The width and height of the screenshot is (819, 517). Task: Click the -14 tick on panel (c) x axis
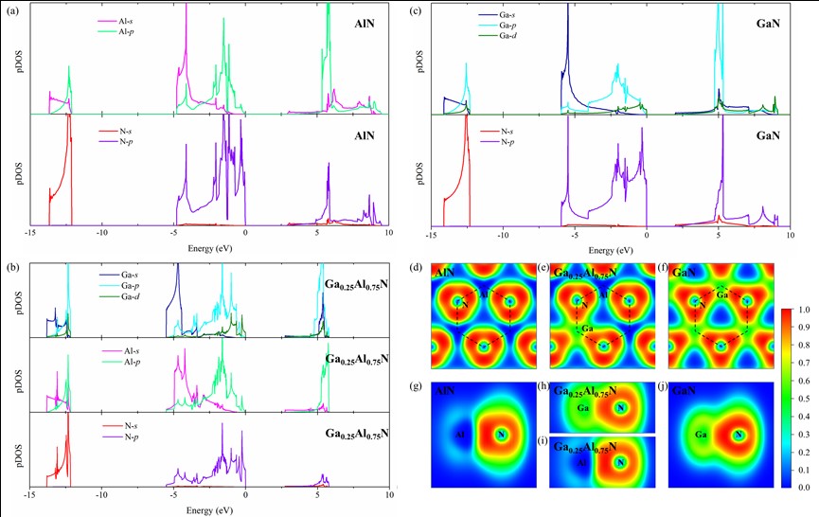[432, 232]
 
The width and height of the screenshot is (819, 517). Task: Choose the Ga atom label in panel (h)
[584, 407]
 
